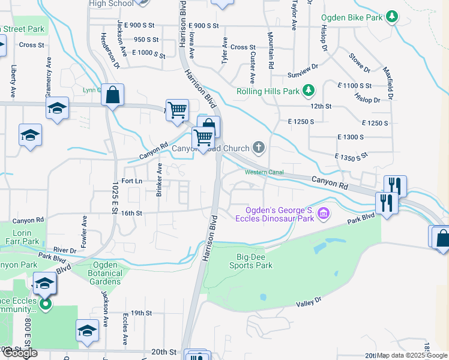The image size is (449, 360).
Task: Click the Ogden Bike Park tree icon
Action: click(392, 16)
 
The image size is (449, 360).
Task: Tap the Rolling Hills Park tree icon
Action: click(309, 91)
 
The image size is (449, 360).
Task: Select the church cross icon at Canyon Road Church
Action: click(259, 147)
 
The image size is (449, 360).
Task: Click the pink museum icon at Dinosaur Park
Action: click(323, 213)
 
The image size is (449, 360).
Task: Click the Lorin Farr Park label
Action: click(23, 238)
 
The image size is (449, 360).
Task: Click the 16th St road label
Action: click(131, 213)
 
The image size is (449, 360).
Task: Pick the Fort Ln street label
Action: click(131, 181)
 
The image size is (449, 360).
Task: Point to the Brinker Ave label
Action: click(160, 179)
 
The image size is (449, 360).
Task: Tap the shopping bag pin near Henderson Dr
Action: click(112, 95)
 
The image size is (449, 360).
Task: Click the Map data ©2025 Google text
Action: click(412, 355)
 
